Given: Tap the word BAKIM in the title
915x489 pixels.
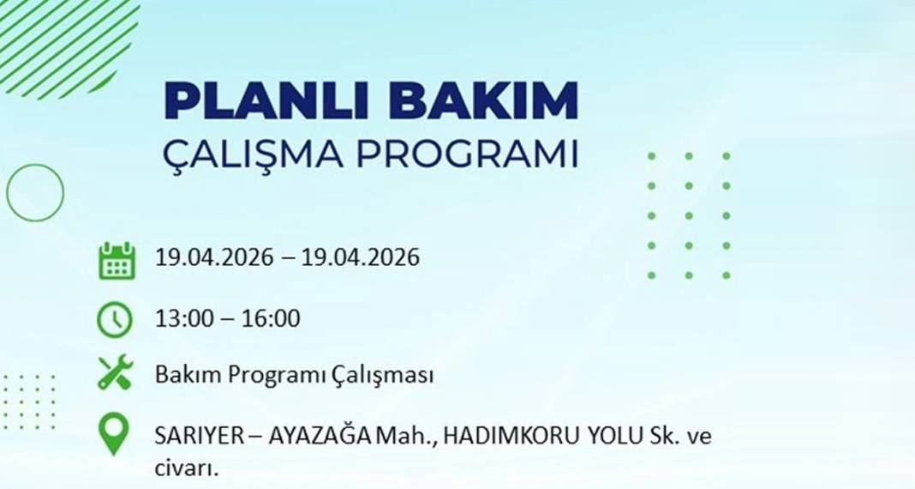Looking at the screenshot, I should pos(483,101).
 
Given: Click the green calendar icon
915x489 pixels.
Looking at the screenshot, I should pos(117,259).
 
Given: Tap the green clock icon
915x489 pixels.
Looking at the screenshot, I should pos(115,319).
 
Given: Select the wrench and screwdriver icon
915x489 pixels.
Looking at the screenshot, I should pos(115,373).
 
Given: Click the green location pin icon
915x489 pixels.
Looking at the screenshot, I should pos(114,434).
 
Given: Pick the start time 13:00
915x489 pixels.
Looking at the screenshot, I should pos(182,319).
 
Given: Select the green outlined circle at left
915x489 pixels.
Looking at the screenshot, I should pos(35,192).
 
